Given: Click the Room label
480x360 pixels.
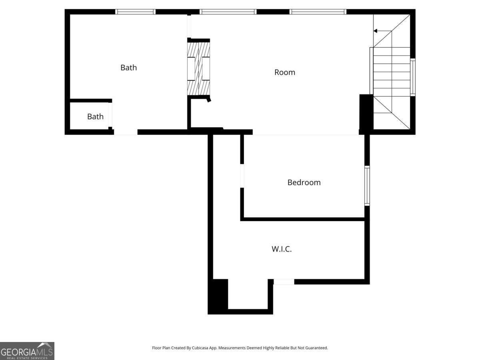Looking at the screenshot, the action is click(x=285, y=72).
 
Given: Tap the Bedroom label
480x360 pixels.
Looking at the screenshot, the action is click(x=304, y=182).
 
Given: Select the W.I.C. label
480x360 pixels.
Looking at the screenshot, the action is click(x=282, y=249).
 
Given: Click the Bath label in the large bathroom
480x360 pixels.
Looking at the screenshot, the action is click(x=128, y=68).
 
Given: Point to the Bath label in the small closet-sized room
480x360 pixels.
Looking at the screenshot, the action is click(x=95, y=116).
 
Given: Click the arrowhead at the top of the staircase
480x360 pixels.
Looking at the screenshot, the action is click(x=375, y=31).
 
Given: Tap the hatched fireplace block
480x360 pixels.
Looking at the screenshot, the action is click(x=198, y=69).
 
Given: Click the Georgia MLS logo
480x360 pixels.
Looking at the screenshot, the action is click(x=27, y=351).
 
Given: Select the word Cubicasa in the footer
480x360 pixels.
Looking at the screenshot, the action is click(x=200, y=348).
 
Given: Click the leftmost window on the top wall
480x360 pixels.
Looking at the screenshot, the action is click(x=135, y=12).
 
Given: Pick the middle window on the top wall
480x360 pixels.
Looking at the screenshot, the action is click(x=228, y=12).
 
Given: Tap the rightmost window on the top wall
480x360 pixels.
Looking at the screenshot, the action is click(x=318, y=12).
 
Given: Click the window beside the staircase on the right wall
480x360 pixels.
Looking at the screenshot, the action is click(x=413, y=77).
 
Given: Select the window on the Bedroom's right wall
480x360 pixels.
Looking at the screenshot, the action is click(x=367, y=186).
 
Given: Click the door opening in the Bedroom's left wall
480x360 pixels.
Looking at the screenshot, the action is click(x=242, y=176).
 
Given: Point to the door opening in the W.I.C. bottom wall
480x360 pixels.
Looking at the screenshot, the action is click(x=284, y=282).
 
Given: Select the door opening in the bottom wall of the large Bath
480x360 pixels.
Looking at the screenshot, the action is click(x=126, y=132).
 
